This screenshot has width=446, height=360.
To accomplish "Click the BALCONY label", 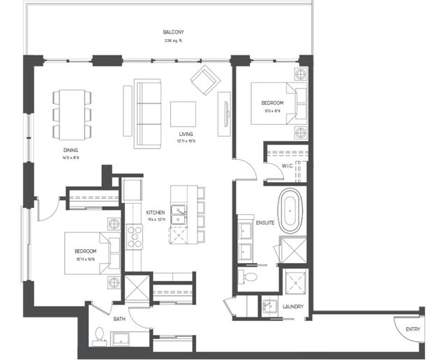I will (174, 33).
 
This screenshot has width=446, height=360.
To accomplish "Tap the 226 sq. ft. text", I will (174, 40).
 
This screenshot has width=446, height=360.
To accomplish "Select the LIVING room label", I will (186, 134).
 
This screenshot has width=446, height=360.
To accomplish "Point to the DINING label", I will (69, 149).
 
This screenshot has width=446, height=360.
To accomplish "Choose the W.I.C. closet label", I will (287, 165).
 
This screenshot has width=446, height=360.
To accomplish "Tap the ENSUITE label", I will (265, 223).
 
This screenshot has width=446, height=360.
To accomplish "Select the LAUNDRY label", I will (292, 305).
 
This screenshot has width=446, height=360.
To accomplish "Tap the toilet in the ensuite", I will (249, 278).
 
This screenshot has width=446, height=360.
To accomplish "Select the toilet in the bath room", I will (100, 336).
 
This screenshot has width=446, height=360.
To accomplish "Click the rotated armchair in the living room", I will (205, 82).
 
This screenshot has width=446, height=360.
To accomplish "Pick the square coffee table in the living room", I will (184, 114).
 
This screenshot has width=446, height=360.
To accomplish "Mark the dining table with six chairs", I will (70, 113).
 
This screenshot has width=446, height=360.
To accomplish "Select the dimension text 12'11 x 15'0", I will (186, 141).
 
